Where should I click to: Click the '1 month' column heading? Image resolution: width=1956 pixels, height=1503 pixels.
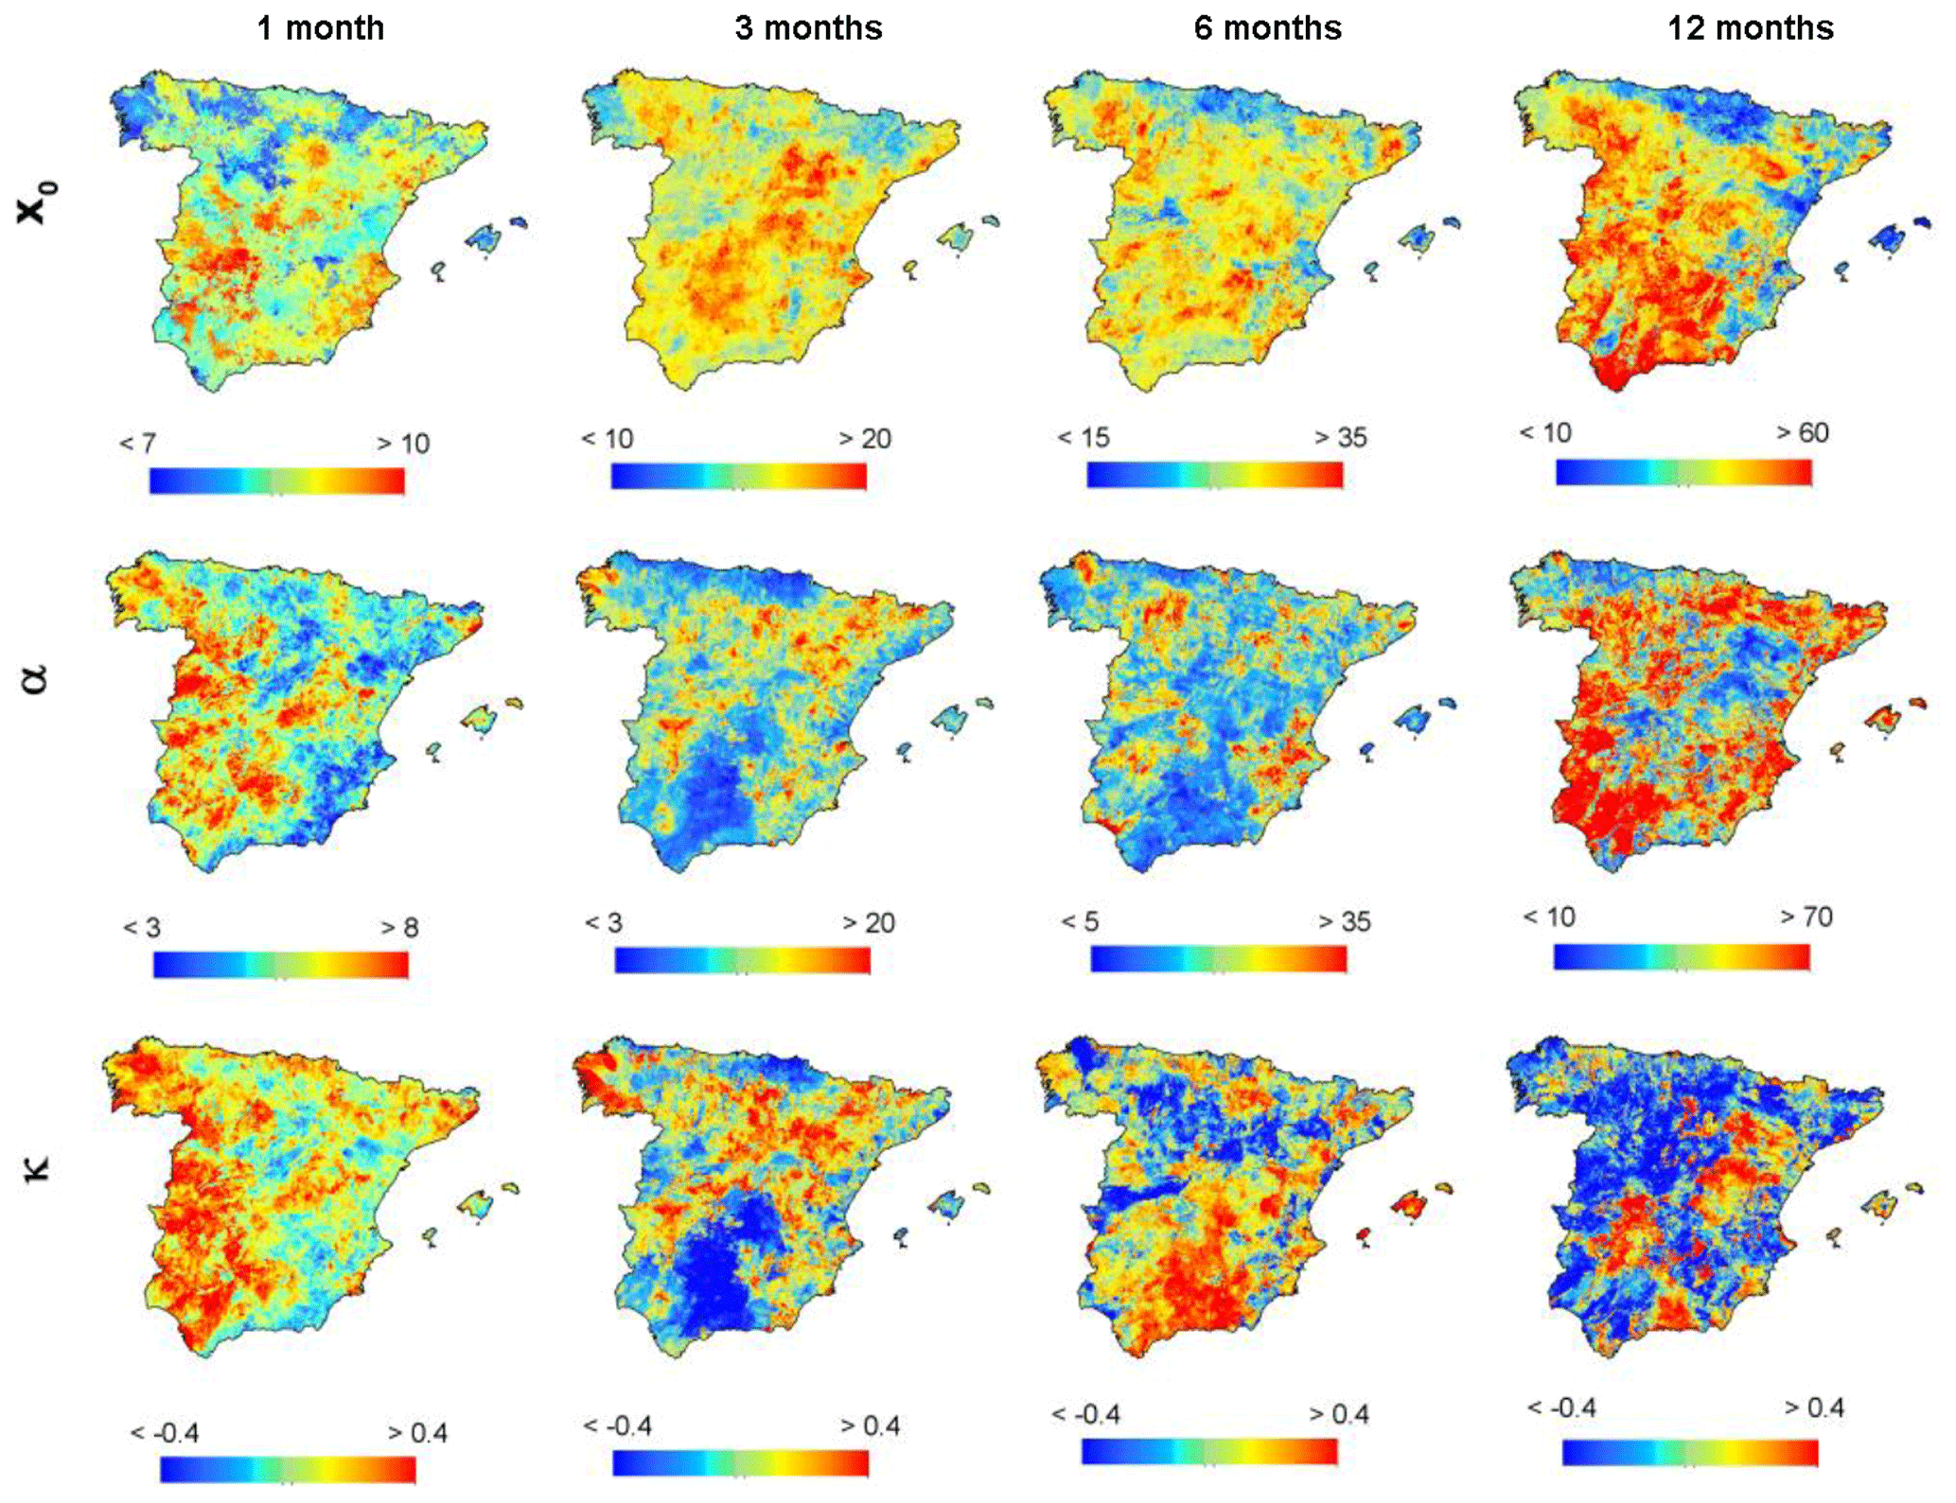point(321,28)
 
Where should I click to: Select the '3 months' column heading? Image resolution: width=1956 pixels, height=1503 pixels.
point(808,28)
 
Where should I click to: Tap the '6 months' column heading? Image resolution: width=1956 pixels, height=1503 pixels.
point(1267,28)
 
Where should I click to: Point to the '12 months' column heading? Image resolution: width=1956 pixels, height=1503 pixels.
point(1750,28)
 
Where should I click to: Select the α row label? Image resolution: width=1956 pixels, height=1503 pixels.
point(35,678)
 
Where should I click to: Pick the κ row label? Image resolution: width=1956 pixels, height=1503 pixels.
point(36,1167)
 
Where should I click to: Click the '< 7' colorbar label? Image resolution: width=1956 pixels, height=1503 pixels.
point(138,444)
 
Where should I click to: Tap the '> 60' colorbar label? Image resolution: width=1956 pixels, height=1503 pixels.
point(1802,433)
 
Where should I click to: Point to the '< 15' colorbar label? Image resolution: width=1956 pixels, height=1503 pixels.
point(1084,438)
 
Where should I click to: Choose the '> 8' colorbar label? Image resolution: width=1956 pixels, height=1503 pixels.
point(399,928)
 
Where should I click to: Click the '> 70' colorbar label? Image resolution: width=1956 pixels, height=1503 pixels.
point(1806,918)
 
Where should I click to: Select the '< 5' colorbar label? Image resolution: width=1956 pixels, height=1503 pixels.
point(1080,922)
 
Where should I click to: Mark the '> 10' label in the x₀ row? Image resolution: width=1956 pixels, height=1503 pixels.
point(403,444)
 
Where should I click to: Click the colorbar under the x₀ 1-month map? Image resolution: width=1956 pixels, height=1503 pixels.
point(277,481)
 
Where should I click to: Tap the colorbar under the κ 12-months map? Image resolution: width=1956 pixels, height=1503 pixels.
point(1689,1452)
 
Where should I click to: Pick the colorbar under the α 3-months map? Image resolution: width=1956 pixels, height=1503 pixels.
point(742,961)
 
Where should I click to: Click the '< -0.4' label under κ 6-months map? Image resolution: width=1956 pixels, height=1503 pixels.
point(1086,1415)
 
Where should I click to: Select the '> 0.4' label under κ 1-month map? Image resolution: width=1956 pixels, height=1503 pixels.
point(417,1433)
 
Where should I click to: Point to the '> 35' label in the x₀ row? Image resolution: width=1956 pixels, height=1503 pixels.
point(1341,438)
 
